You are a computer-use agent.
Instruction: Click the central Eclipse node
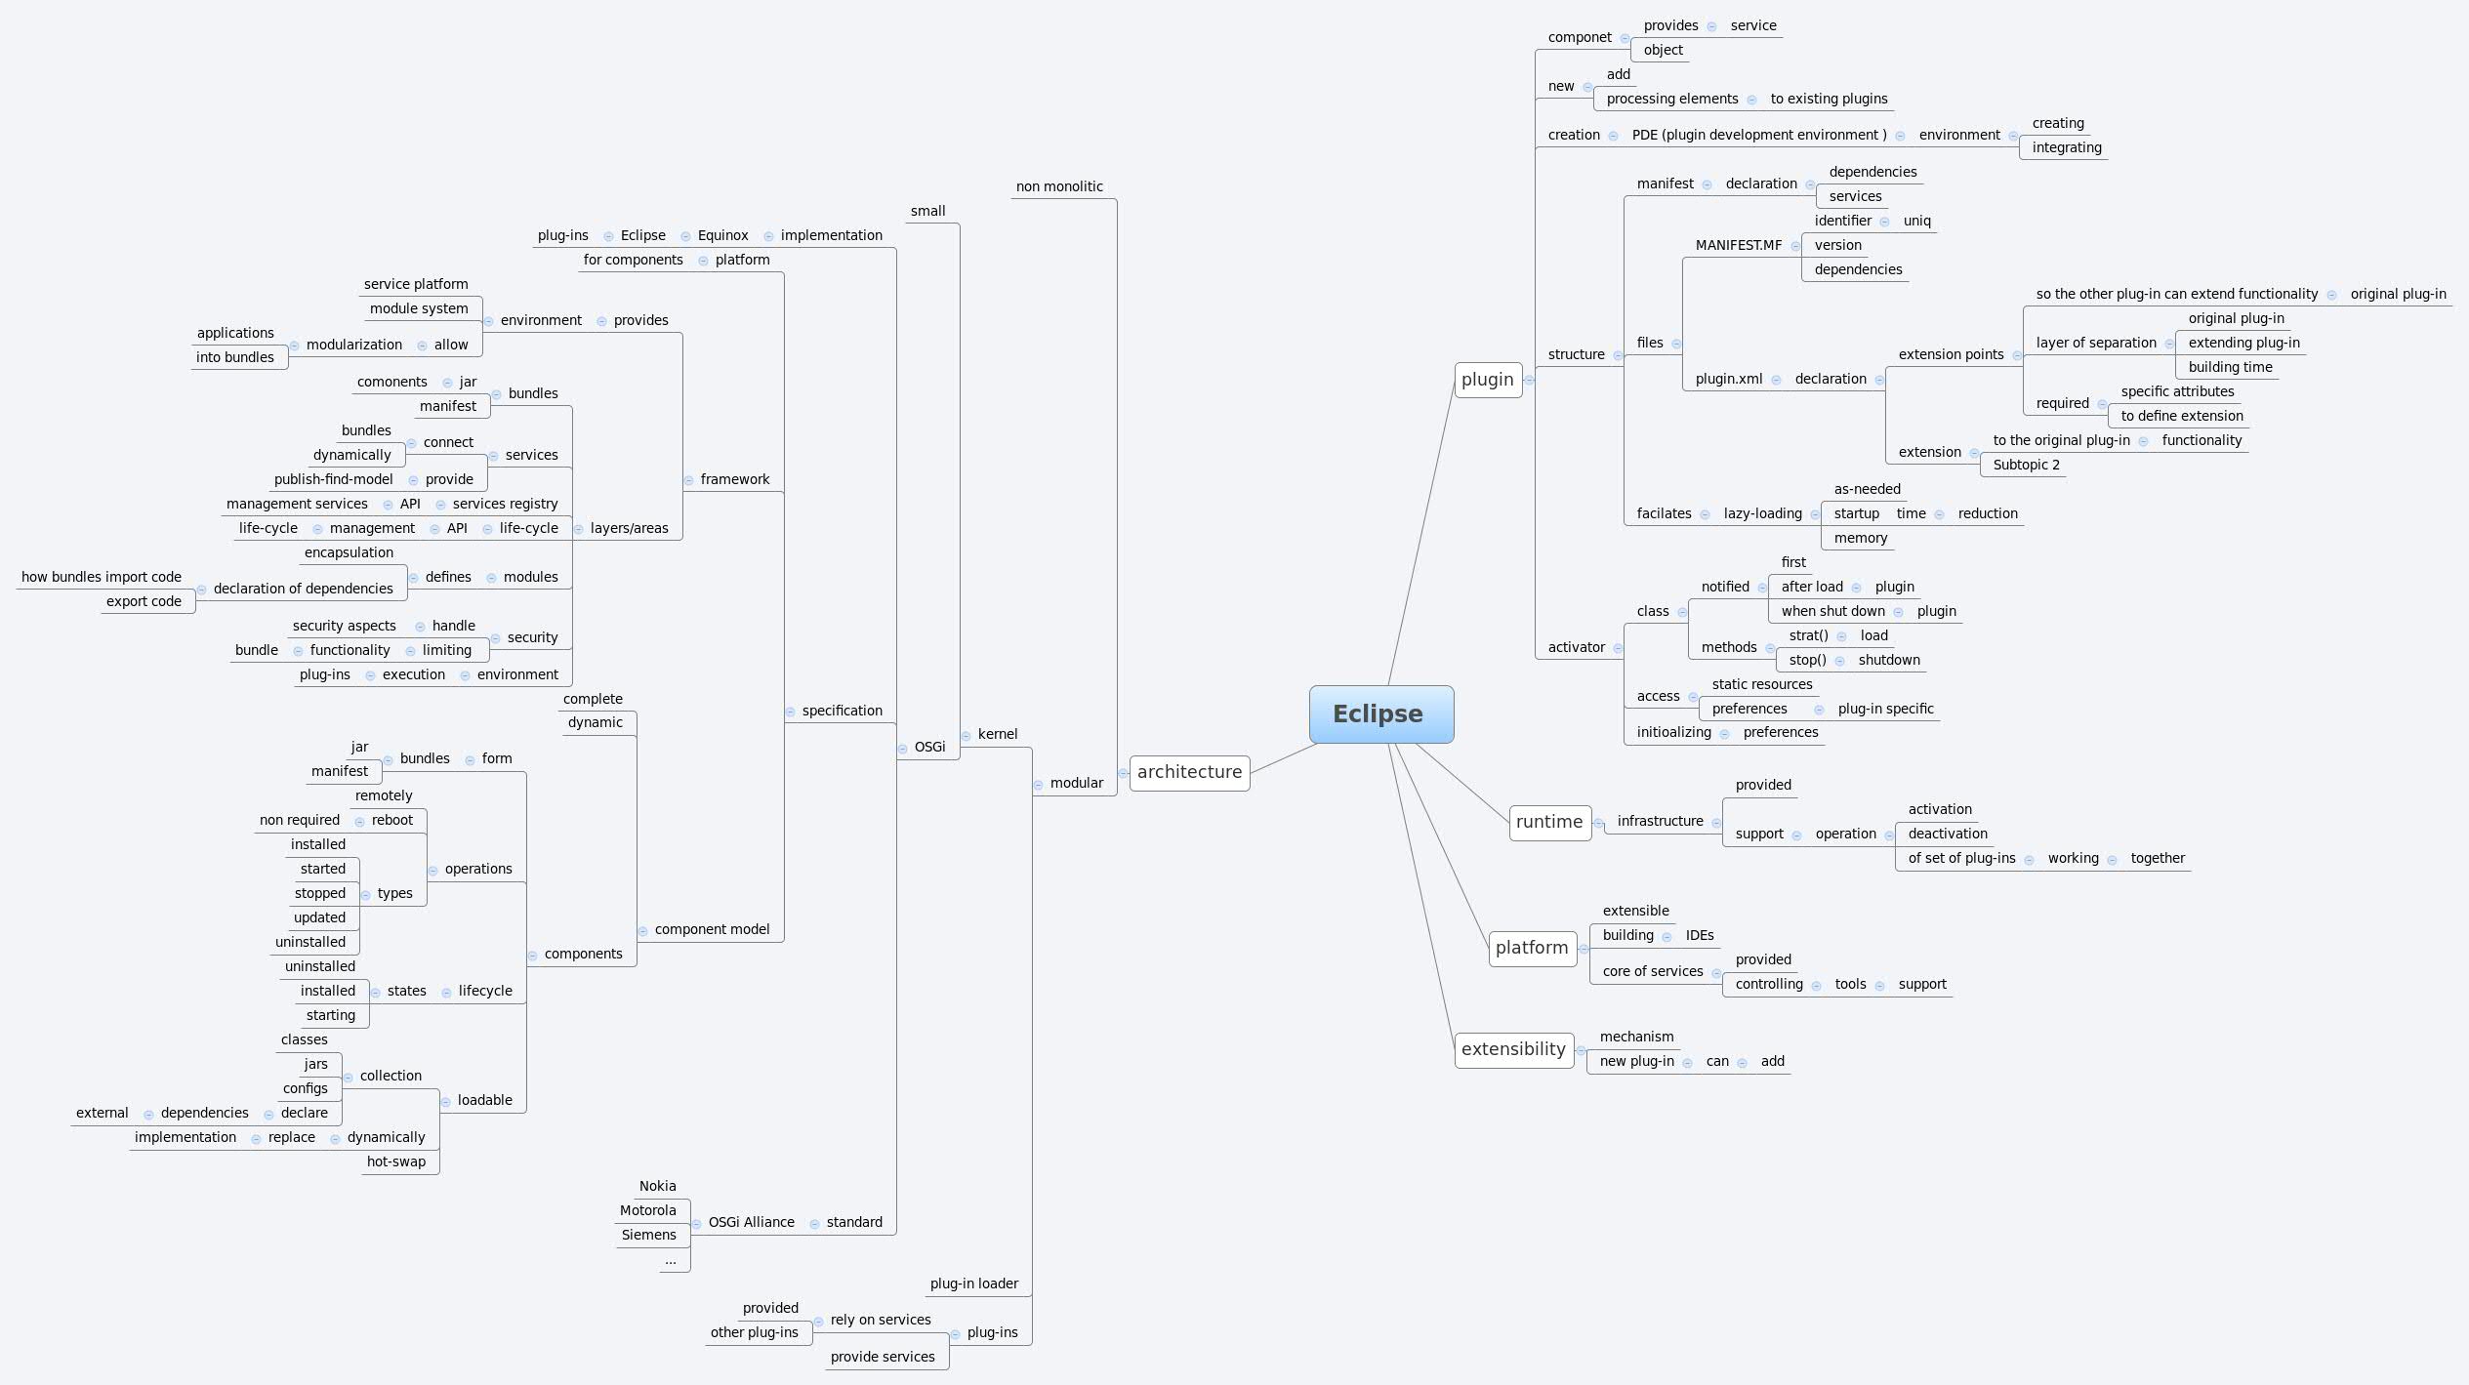(1380, 713)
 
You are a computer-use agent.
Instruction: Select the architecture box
(1189, 772)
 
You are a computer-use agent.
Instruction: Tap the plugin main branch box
(1487, 380)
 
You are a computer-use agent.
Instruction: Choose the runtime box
(1549, 822)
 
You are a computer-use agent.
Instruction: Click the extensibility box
(1513, 1049)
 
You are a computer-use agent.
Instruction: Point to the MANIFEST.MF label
(1738, 245)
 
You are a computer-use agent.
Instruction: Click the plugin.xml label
(1728, 379)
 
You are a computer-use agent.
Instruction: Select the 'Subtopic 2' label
(2026, 465)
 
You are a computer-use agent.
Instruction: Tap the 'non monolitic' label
(1059, 186)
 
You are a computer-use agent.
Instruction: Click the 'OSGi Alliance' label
(751, 1222)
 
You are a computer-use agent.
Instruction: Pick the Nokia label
(657, 1186)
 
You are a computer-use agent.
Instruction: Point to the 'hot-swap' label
(395, 1161)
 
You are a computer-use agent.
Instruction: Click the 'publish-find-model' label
(333, 479)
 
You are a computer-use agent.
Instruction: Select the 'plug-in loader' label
(973, 1283)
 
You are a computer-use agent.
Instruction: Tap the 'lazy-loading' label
(1762, 513)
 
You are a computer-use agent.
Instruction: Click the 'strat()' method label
(1808, 635)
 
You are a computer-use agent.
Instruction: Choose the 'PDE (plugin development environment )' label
(1758, 135)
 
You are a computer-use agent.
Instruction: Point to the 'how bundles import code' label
(102, 577)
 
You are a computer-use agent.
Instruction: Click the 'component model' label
(712, 929)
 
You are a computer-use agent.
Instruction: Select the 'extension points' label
(1951, 354)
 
